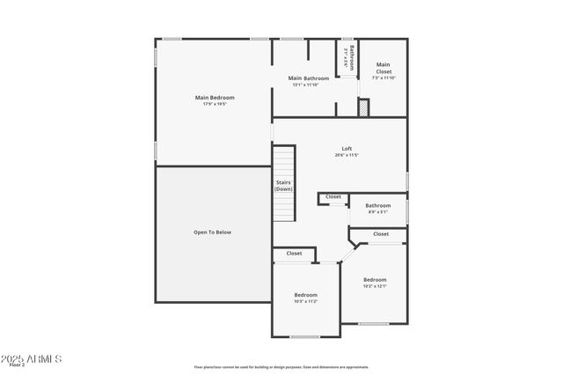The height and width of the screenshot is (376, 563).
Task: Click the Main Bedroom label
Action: click(x=215, y=97)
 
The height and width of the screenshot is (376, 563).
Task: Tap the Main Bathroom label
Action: click(x=309, y=78)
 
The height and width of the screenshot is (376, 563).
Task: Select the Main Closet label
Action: click(x=383, y=64)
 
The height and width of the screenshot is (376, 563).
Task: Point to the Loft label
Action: click(x=347, y=148)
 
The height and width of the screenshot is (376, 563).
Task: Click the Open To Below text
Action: click(x=212, y=232)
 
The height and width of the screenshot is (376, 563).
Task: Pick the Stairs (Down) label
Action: click(x=283, y=186)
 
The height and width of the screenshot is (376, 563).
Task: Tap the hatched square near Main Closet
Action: click(x=362, y=107)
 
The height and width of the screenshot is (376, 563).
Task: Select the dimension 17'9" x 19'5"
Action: click(x=215, y=104)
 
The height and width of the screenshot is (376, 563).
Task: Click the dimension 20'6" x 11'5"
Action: click(x=347, y=156)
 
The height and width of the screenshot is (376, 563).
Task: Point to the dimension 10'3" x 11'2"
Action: click(x=305, y=302)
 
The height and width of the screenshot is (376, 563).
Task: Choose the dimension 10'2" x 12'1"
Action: click(x=375, y=286)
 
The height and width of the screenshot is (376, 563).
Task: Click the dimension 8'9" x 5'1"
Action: click(x=378, y=212)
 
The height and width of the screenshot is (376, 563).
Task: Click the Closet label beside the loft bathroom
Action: click(x=333, y=196)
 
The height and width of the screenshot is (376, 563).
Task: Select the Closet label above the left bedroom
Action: click(x=294, y=254)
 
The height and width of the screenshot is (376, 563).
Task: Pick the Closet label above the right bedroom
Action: click(x=381, y=234)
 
